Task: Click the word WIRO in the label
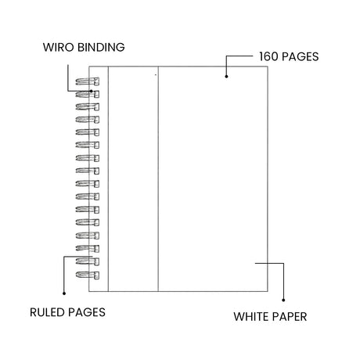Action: [x=59, y=47]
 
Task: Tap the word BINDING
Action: [x=102, y=47]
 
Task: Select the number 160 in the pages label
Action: [x=268, y=56]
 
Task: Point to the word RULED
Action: [x=47, y=312]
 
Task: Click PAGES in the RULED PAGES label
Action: [x=87, y=312]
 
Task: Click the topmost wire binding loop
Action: [x=88, y=81]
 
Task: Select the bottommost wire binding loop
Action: [x=88, y=275]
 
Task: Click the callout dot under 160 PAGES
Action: [x=226, y=77]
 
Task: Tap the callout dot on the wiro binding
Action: [x=91, y=91]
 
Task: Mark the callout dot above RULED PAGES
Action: [x=64, y=293]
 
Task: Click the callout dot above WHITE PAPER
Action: [x=283, y=301]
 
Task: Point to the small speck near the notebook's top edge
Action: [x=156, y=75]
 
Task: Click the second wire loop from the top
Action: [x=88, y=94]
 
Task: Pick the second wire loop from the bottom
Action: [x=88, y=261]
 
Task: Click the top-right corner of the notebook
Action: [x=268, y=67]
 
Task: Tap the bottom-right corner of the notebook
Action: [x=268, y=291]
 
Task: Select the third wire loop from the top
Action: [x=88, y=107]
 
